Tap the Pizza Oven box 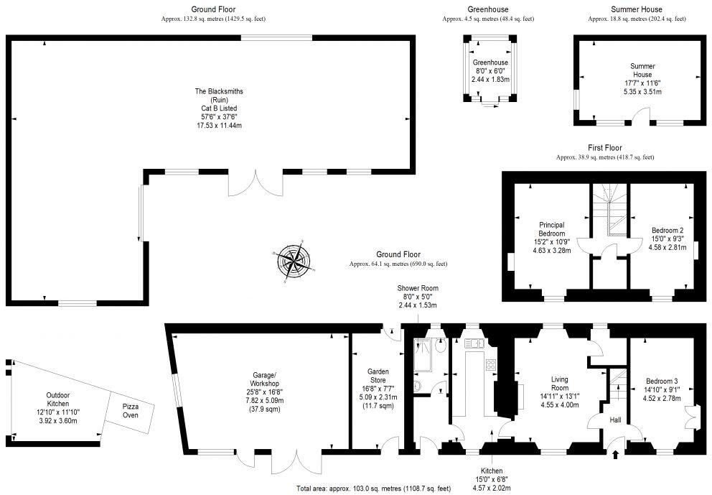(130, 411)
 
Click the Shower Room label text (418, 296)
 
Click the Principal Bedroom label (551, 238)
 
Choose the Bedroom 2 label (663, 233)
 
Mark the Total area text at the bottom (373, 489)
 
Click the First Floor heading (604, 147)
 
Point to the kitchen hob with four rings (491, 364)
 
